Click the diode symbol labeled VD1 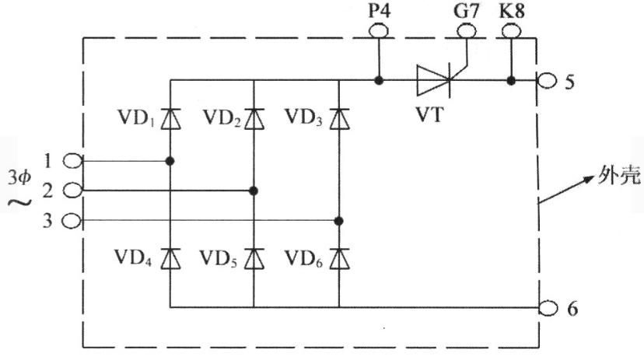[170, 119]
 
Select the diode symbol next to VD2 [254, 119]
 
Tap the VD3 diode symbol [340, 119]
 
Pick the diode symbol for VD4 [170, 259]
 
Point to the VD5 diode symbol [254, 259]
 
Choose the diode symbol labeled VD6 [340, 259]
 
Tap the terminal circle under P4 [379, 31]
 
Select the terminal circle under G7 [467, 31]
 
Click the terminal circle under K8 [512, 31]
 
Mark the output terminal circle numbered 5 [547, 81]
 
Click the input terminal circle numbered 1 [72, 160]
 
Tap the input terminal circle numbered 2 [72, 190]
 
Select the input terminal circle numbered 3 [72, 222]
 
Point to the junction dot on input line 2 [254, 190]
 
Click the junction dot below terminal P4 [379, 80]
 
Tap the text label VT [430, 114]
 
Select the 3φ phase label [19, 177]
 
